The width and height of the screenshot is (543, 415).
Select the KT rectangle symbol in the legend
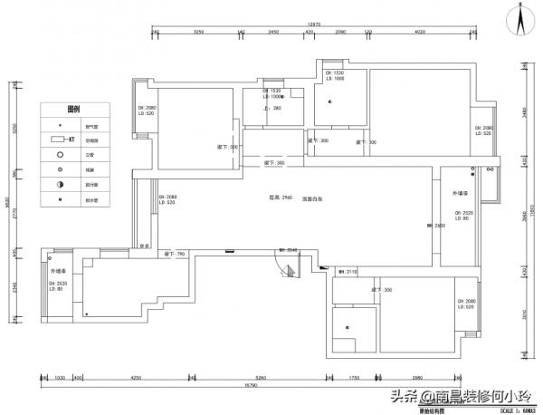[62, 140]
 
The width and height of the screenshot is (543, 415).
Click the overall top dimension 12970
[313, 25]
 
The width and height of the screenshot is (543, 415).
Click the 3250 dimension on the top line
[198, 32]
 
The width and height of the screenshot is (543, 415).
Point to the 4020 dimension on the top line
[420, 32]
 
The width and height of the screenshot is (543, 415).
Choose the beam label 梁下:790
[175, 255]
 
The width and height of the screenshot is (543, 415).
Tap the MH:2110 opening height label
[348, 271]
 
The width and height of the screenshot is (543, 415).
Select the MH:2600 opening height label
[433, 227]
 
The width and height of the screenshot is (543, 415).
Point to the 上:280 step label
[271, 109]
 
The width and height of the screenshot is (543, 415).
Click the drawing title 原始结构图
[432, 410]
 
